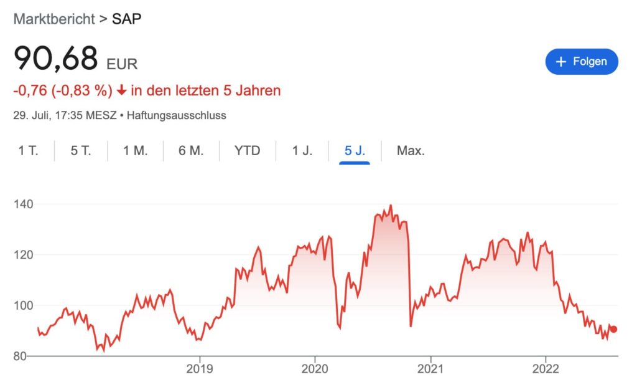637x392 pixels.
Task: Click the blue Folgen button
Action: coord(581,62)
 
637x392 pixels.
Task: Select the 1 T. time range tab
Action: coord(28,150)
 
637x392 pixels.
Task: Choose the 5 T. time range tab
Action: coord(80,150)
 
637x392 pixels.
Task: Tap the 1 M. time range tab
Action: coord(135,150)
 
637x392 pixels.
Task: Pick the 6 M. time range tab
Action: coord(191,150)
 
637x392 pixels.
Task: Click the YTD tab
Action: coord(247,150)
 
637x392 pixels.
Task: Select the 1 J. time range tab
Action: coord(302,150)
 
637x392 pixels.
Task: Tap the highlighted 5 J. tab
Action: coord(355,150)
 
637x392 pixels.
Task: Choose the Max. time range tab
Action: coord(411,150)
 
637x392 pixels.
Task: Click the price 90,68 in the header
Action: coord(56,59)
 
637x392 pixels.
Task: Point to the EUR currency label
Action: coord(122,64)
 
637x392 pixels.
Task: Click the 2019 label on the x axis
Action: coord(199,368)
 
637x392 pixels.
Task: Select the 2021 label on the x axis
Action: coord(430,368)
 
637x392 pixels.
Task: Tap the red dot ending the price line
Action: coord(613,329)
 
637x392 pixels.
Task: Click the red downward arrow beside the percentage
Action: coord(121,91)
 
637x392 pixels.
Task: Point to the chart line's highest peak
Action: coord(391,205)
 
